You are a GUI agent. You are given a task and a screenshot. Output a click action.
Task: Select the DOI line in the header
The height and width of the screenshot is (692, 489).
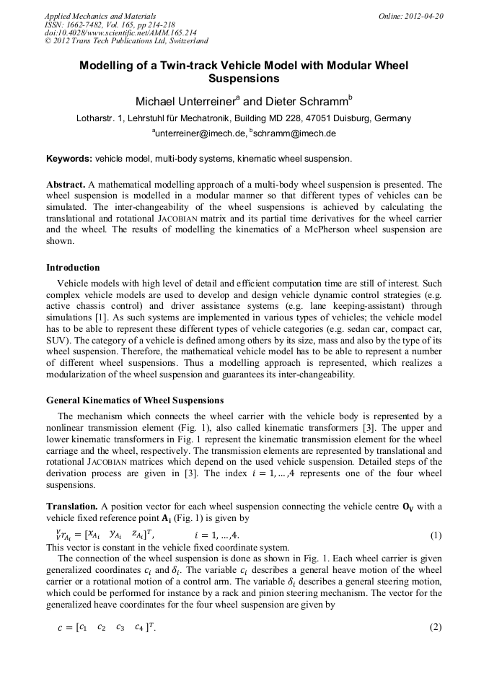click(120, 33)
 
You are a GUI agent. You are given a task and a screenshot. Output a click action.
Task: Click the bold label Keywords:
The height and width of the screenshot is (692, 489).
click(69, 158)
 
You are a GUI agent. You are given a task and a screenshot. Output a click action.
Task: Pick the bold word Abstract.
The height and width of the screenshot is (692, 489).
click(65, 184)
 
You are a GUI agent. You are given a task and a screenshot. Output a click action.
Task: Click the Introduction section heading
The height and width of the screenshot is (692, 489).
click(73, 268)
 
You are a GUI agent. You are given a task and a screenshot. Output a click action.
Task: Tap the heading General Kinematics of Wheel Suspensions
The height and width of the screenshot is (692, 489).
click(135, 400)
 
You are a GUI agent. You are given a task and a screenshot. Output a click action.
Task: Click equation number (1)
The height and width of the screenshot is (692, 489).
click(436, 535)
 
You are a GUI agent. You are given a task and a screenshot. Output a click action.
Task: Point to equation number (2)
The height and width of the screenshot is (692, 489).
click(436, 627)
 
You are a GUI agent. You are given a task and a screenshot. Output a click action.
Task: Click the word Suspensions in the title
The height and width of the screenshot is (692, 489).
click(244, 78)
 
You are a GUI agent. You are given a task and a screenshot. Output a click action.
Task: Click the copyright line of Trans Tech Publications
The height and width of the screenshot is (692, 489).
click(126, 42)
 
